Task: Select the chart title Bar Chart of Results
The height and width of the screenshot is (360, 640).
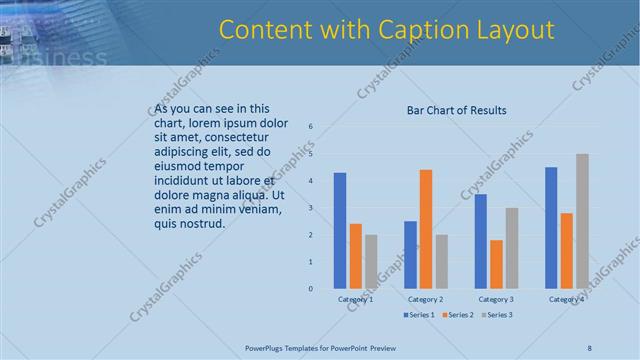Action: click(x=456, y=110)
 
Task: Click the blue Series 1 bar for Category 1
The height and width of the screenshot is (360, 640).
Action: click(x=340, y=231)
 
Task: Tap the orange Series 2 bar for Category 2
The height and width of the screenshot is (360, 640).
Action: click(x=426, y=229)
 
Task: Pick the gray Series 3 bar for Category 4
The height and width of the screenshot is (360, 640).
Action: click(x=582, y=221)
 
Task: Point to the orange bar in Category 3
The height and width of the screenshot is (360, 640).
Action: click(x=497, y=264)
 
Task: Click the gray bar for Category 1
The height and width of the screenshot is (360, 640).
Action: click(x=371, y=262)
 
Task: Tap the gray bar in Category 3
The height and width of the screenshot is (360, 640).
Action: click(x=512, y=248)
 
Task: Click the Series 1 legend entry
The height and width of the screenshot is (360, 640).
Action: click(x=418, y=315)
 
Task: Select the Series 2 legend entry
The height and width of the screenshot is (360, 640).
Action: click(x=455, y=315)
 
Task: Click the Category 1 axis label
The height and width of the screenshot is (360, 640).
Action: click(x=355, y=299)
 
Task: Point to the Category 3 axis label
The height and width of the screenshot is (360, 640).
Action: click(x=496, y=299)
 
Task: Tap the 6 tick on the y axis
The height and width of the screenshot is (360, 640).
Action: click(x=311, y=127)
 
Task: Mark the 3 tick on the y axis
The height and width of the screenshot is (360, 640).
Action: click(x=311, y=208)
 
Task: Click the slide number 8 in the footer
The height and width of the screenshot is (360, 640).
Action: click(x=589, y=347)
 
